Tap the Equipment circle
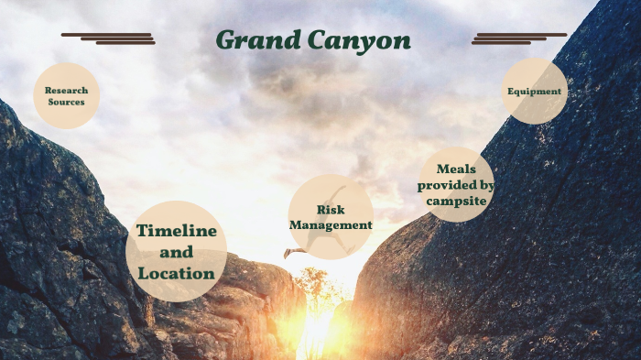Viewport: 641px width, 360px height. click(535, 92)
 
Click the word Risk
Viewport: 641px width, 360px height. click(331, 210)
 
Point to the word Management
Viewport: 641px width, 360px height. click(331, 224)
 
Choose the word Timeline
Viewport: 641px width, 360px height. click(177, 231)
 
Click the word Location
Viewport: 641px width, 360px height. click(177, 273)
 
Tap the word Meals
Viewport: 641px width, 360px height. click(456, 169)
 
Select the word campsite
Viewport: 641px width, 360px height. click(456, 202)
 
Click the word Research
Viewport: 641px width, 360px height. click(66, 90)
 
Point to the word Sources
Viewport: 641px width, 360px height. click(66, 102)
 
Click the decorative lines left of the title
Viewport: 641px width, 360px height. click(108, 38)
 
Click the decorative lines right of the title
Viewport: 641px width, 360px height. click(519, 38)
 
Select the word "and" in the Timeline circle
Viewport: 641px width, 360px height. click(177, 252)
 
